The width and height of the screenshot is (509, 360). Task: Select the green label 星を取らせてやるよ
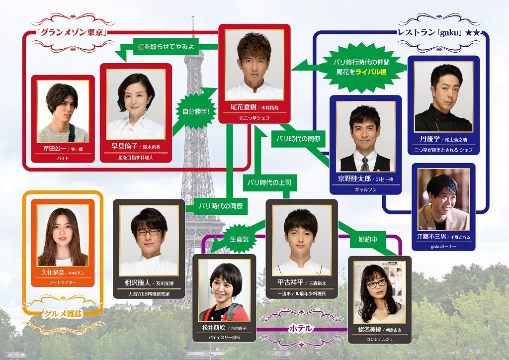pos(166,48)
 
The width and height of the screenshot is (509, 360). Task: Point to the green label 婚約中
pos(368,239)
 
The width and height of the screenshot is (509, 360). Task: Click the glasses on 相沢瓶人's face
pos(149,232)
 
